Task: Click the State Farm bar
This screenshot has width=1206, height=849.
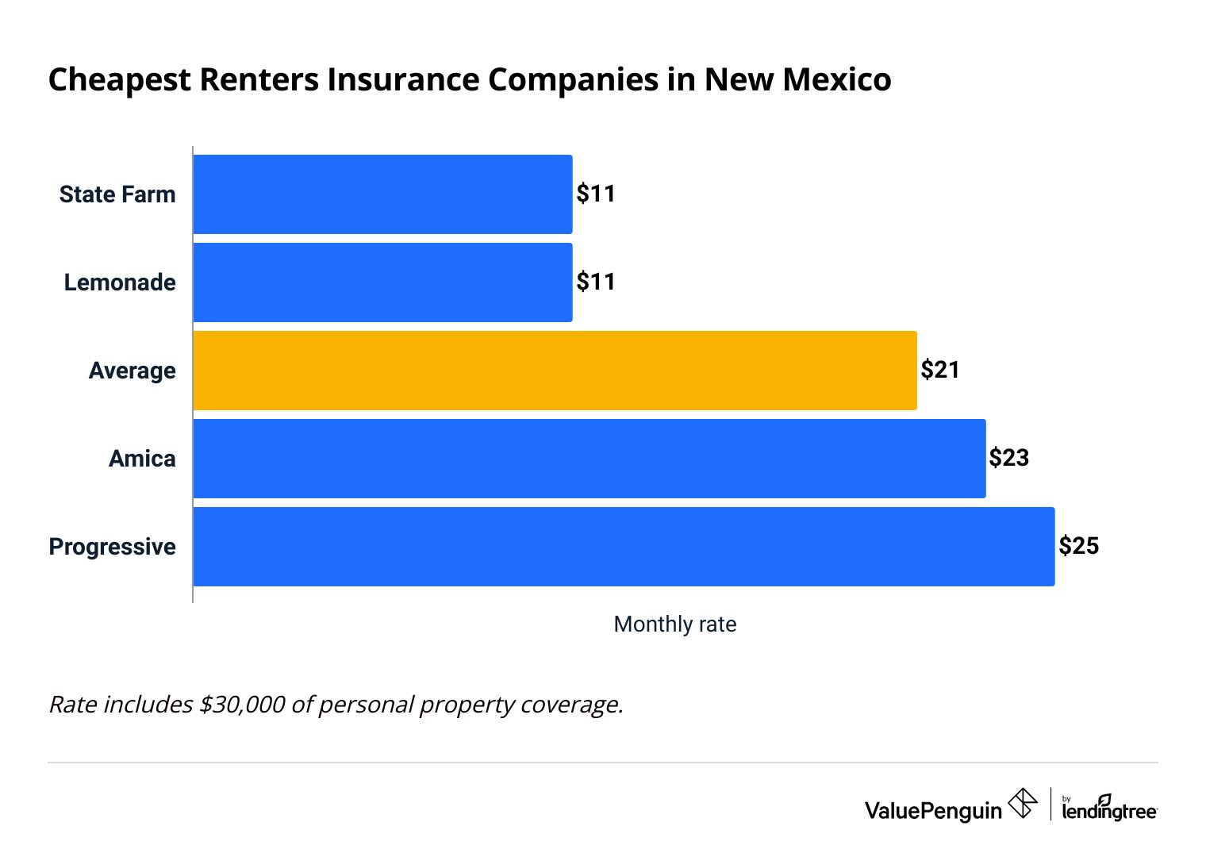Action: (x=382, y=194)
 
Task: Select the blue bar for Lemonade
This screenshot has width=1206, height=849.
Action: (x=382, y=282)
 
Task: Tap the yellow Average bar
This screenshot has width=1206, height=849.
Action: (x=555, y=371)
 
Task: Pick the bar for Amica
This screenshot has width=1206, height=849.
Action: (x=589, y=459)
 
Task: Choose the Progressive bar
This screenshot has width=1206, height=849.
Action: (x=624, y=547)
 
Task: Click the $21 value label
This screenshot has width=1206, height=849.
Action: (x=940, y=371)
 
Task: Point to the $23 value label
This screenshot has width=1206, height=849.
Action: (x=1008, y=459)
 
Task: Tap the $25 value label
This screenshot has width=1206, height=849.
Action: (x=1078, y=547)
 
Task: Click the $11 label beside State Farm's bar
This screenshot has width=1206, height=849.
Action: (x=596, y=194)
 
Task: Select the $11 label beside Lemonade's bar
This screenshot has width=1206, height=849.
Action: (x=596, y=282)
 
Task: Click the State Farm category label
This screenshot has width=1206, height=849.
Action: (x=117, y=194)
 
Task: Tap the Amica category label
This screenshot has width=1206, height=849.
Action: (x=142, y=459)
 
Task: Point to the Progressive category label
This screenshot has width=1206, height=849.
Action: (x=112, y=547)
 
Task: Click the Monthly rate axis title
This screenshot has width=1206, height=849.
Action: (x=675, y=624)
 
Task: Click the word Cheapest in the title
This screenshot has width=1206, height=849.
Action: (x=120, y=80)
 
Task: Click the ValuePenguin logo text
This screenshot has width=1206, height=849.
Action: (x=933, y=810)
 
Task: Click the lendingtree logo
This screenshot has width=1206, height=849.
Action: (x=1109, y=809)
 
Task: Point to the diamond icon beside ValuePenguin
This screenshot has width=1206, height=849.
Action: (x=1023, y=803)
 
